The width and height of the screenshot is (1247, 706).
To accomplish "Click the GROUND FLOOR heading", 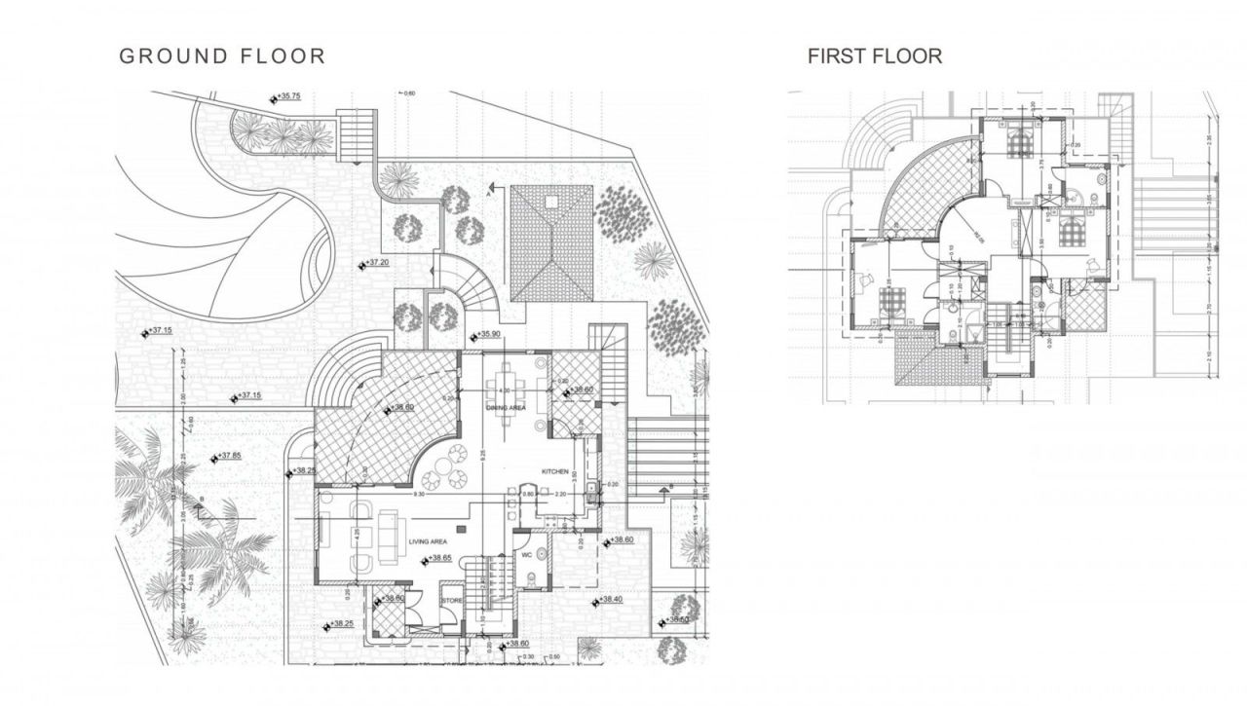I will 222,56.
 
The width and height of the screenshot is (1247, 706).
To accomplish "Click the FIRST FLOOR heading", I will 874,56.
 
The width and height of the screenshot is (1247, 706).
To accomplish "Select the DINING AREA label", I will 506,408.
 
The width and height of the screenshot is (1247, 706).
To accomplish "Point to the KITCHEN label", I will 555,471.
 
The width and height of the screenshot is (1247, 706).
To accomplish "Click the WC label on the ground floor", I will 527,556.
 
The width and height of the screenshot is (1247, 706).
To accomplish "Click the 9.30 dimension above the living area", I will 419,496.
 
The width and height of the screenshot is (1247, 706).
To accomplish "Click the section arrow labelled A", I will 494,192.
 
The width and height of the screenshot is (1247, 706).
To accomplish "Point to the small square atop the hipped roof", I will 551,202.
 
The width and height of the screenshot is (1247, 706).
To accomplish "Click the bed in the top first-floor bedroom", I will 1023,143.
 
